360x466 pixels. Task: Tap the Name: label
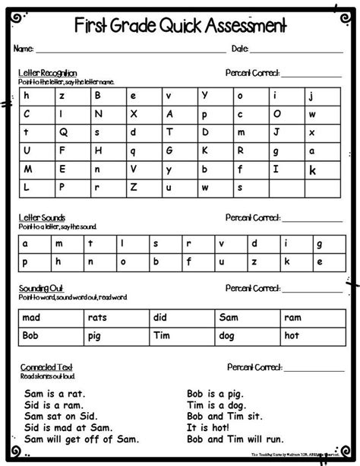click(24, 49)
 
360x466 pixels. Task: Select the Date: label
click(240, 49)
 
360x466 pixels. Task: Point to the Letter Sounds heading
click(42, 217)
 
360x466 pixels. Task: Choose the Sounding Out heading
click(40, 289)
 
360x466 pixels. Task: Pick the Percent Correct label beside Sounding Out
click(253, 289)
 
